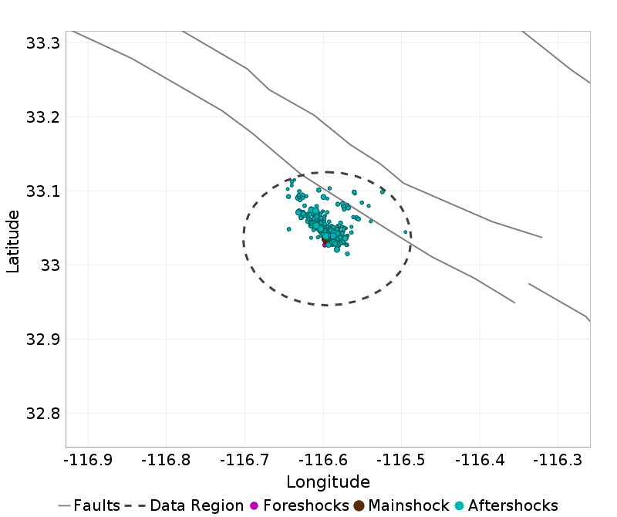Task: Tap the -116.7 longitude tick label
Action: (244, 461)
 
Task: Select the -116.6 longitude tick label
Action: (323, 461)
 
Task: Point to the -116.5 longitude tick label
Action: (402, 461)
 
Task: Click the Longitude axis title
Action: (328, 482)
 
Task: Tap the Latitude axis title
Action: (13, 238)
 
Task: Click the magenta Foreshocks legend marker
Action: (255, 506)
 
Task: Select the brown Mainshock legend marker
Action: (359, 506)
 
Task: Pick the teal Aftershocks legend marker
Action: (459, 506)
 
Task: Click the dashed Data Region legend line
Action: (135, 506)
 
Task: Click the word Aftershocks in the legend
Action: (512, 506)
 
